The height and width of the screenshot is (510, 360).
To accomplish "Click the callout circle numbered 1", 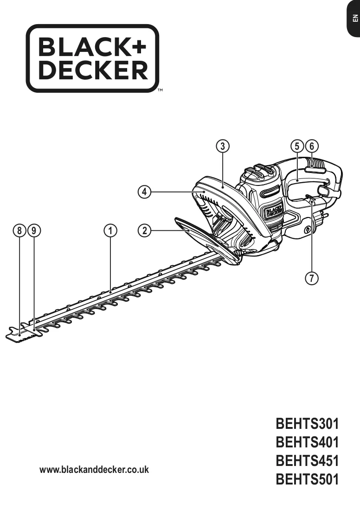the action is point(110,230).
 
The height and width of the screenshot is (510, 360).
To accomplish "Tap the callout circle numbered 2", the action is point(145,230).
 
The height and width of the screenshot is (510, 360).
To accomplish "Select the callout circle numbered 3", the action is point(223,146).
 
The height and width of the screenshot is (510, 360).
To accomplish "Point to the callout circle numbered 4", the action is point(145,192).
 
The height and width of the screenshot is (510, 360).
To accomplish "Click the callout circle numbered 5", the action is point(297,146).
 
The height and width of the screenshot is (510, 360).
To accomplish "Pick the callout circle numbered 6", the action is point(312,146).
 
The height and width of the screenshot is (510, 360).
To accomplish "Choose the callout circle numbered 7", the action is point(312,279).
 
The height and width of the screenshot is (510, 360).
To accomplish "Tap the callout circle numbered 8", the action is point(19,230).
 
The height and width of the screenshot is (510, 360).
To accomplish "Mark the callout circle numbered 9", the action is point(34,230).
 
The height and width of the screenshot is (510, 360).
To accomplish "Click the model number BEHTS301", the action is point(307,423).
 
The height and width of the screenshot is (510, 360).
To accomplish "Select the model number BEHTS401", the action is point(307,442).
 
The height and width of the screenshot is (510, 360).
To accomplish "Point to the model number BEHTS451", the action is point(307,460).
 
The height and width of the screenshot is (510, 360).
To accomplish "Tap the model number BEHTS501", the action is point(307,479).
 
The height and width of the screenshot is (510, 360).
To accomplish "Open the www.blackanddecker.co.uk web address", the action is point(94,469).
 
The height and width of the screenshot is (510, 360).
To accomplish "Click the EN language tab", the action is point(354,19).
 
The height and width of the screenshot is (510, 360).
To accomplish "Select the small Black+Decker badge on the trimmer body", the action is point(273,211).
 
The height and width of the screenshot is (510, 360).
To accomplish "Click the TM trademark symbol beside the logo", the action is point(160,90).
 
